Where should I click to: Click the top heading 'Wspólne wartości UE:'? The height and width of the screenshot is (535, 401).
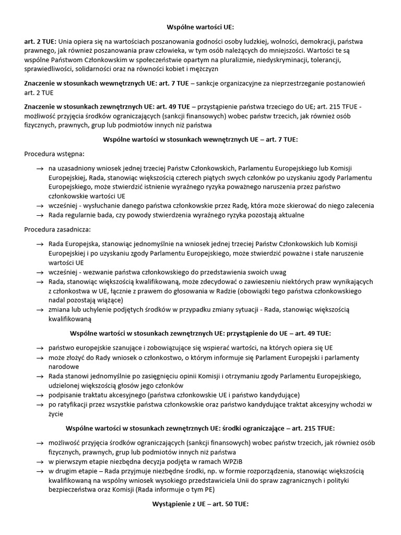[200, 26]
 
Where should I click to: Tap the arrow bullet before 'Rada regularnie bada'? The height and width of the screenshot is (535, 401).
[40, 215]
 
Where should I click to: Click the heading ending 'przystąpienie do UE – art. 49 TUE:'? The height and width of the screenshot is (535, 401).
[200, 333]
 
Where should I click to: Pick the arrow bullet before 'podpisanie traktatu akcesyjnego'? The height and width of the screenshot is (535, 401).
[40, 394]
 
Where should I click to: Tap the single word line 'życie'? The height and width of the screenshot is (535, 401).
[56, 413]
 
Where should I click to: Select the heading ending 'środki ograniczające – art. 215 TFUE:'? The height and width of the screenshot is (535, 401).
[200, 427]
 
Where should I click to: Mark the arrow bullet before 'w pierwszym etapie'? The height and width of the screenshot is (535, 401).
[40, 460]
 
